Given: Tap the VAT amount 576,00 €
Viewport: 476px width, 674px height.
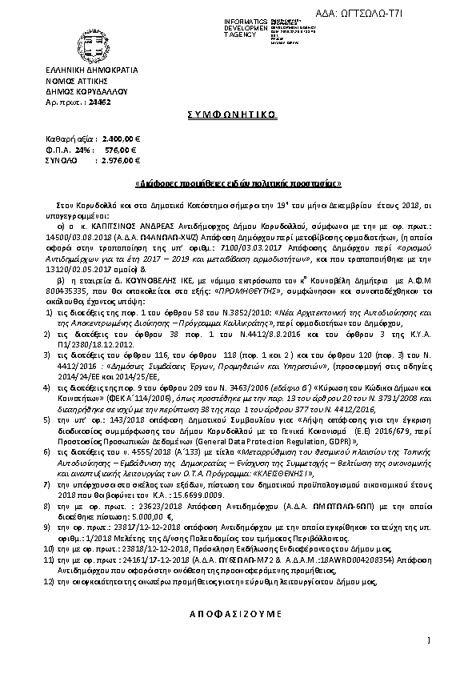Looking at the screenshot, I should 123,150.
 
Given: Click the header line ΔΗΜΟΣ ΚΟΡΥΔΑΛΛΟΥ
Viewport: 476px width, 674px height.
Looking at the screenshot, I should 80,93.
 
